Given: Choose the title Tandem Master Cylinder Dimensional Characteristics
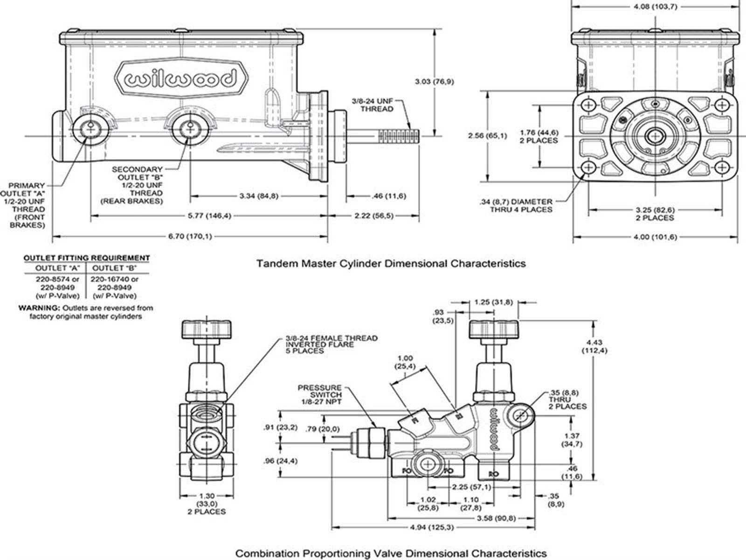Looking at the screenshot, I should click(x=391, y=264).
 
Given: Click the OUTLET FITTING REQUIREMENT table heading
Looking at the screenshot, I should click(x=87, y=258).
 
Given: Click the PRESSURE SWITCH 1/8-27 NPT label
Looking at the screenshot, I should click(x=320, y=394).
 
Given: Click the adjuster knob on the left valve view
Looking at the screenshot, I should click(x=206, y=329).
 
